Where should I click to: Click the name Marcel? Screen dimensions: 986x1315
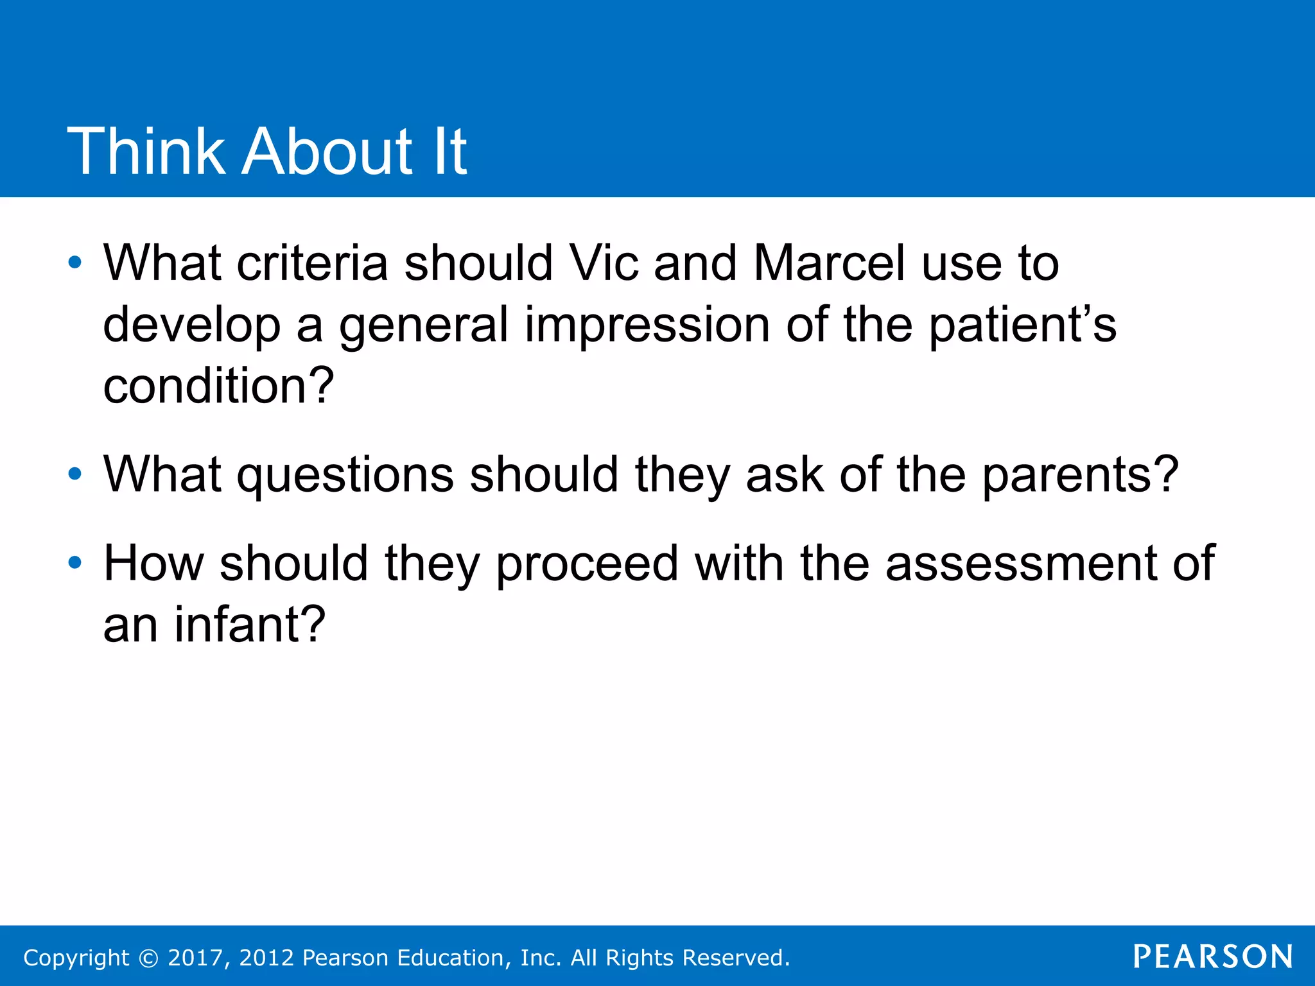coord(829,263)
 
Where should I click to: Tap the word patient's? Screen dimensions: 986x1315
coord(1022,325)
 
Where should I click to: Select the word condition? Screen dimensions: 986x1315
coord(218,386)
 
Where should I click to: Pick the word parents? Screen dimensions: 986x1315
coord(1081,475)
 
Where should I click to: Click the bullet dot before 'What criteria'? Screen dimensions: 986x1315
coord(75,263)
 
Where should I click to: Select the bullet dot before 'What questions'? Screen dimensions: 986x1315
coord(75,475)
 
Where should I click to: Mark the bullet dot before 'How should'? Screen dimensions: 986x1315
coord(75,564)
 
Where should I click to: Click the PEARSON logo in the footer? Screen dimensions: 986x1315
coord(1212,957)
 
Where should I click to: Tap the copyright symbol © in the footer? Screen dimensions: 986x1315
coord(148,958)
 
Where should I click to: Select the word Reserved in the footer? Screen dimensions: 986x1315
coord(734,958)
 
